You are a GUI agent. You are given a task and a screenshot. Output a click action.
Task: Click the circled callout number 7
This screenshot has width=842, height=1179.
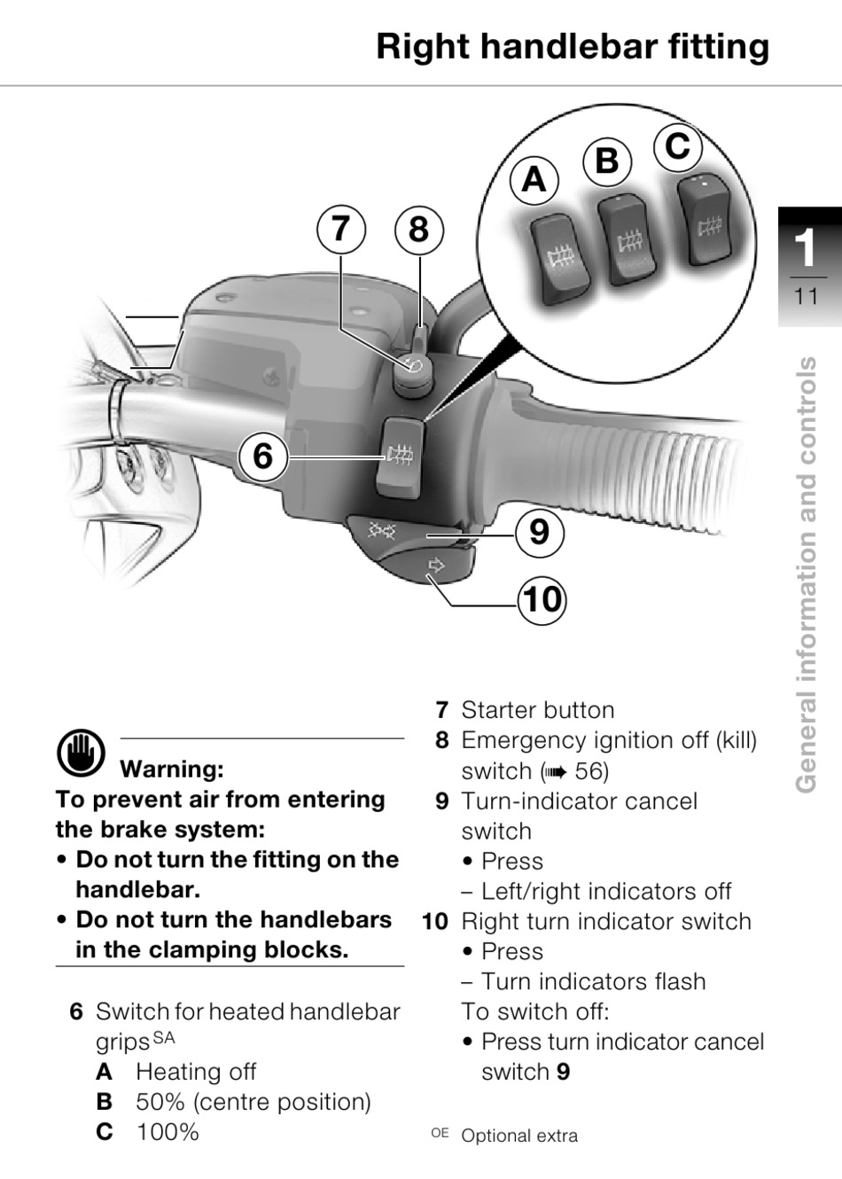(x=340, y=229)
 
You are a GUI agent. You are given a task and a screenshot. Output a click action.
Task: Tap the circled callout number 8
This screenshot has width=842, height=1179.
(x=419, y=230)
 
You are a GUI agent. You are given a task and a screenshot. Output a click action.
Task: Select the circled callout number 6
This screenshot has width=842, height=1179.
(x=263, y=456)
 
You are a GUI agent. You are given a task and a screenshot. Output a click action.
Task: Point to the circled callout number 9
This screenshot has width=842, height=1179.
(x=539, y=532)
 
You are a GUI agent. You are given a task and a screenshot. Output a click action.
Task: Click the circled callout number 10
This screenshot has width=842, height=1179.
(x=542, y=599)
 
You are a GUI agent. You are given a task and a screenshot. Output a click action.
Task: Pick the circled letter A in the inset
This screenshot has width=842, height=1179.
(x=534, y=180)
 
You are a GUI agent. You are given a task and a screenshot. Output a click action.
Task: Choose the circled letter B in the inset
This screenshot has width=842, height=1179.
(x=607, y=160)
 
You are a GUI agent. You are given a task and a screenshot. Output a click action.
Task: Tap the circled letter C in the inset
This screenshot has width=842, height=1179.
(x=678, y=145)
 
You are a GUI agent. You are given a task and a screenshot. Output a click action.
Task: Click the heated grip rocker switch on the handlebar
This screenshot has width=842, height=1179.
(x=400, y=457)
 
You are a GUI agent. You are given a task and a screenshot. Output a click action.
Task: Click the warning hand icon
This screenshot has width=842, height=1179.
(x=81, y=753)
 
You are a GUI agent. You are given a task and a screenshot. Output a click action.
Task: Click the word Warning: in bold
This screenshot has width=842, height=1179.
(x=172, y=769)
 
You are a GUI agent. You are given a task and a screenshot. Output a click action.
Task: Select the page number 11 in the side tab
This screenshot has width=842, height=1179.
(x=806, y=296)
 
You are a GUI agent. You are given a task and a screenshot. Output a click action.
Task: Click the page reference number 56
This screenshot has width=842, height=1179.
(x=588, y=771)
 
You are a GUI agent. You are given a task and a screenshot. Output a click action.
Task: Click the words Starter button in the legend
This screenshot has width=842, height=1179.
(x=538, y=710)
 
